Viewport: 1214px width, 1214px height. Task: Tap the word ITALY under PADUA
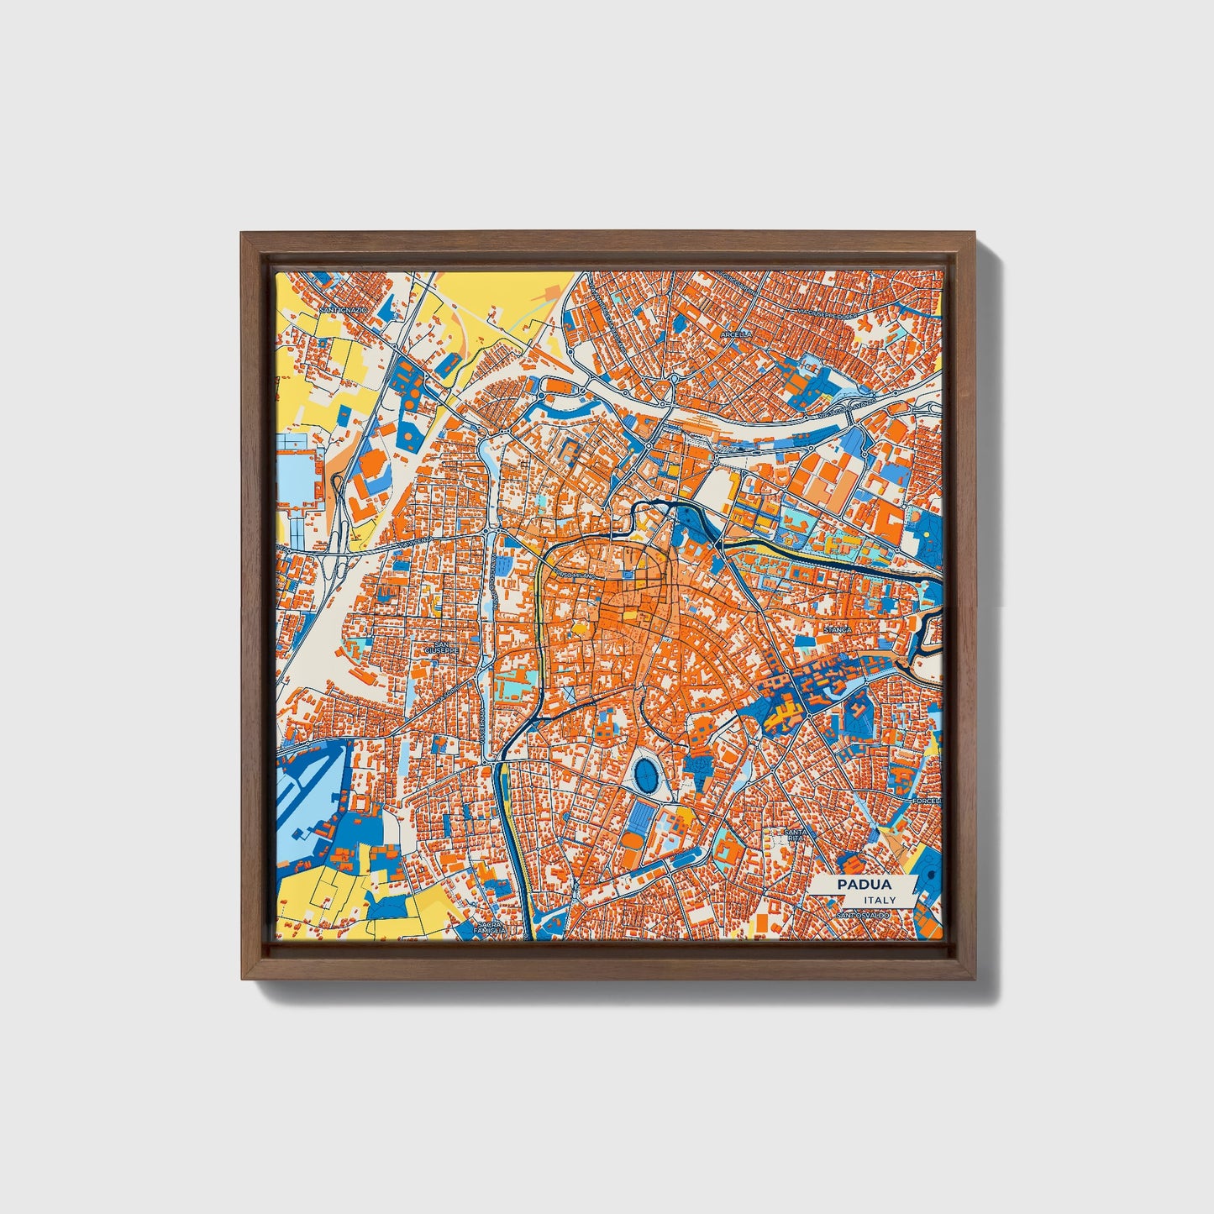click(x=880, y=900)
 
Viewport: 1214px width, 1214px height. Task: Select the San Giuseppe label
click(x=439, y=648)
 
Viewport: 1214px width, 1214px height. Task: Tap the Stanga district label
click(x=838, y=628)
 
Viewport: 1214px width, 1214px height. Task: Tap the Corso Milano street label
click(x=577, y=575)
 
